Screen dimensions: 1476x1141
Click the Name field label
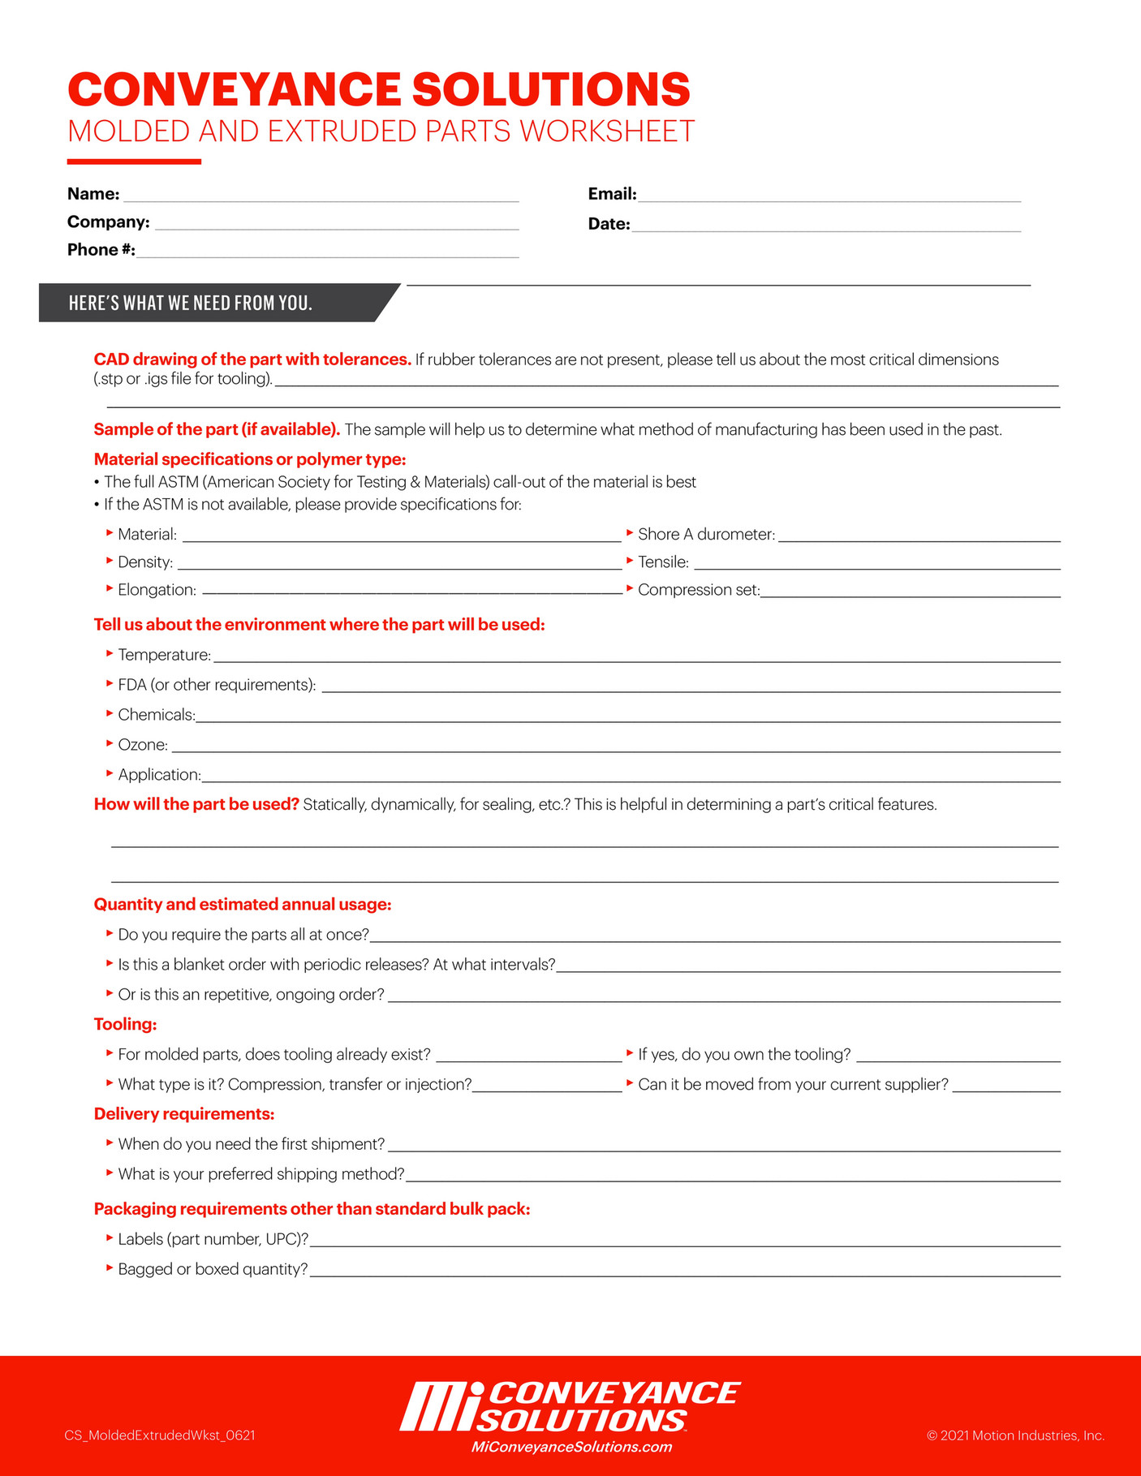[x=93, y=194]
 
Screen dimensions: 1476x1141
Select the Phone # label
[x=101, y=250]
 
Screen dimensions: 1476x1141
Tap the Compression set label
[x=698, y=590]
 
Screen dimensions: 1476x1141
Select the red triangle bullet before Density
[x=110, y=561]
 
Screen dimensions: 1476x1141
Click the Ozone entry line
[x=615, y=747]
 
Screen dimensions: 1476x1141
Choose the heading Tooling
[x=125, y=1024]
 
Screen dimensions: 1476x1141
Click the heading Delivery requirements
[x=184, y=1113]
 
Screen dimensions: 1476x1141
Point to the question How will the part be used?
[x=196, y=804]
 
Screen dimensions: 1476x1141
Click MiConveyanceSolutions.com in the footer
[x=571, y=1447]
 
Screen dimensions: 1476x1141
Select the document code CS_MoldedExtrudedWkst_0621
[x=160, y=1435]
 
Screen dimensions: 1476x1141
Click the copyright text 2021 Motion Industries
[x=1015, y=1435]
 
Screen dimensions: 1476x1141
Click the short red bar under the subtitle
[x=134, y=161]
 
